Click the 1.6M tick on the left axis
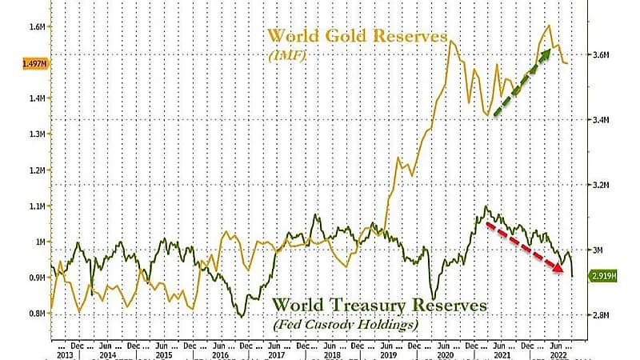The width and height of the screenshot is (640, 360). tap(38, 26)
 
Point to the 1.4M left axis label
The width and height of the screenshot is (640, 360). tap(38, 98)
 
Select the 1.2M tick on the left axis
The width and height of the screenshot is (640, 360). tap(38, 170)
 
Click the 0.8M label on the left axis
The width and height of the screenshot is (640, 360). tap(38, 314)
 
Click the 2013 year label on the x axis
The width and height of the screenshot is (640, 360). tap(66, 353)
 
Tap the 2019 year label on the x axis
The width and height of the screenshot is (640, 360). tap(388, 353)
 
